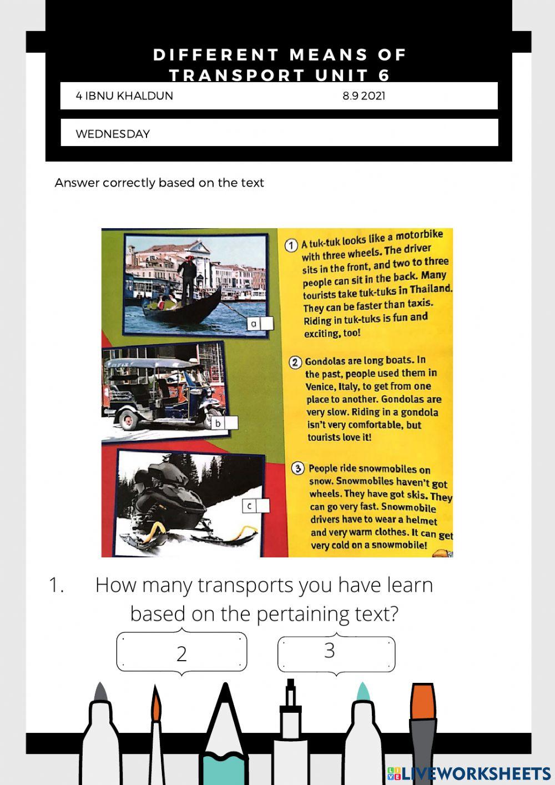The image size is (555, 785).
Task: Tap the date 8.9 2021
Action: coord(364,96)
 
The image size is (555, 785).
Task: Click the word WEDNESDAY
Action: coord(113,134)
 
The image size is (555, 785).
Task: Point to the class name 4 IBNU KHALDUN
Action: coord(124,96)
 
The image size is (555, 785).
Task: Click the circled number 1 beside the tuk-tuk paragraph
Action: coord(291,245)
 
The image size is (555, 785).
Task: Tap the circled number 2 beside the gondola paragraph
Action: coord(295,362)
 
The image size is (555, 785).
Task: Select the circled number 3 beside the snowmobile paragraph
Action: coord(298,469)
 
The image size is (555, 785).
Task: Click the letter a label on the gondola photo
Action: coord(254,324)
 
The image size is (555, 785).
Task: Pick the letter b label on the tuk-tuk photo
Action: coord(218,423)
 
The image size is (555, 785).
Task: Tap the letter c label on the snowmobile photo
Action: coord(249,506)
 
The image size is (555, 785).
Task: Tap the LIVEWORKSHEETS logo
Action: coord(469,773)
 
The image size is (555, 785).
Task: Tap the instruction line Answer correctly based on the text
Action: coord(159,183)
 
